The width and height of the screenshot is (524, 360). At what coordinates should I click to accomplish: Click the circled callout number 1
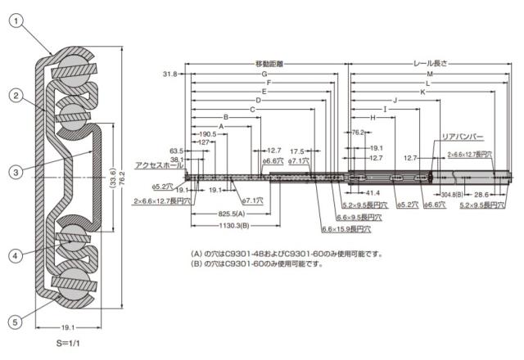pyautogui.click(x=16, y=21)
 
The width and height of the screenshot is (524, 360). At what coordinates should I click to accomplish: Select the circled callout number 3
pyautogui.click(x=16, y=172)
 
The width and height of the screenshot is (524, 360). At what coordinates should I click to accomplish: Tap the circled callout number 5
pyautogui.click(x=16, y=322)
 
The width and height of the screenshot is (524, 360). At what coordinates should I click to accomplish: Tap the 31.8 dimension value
pyautogui.click(x=169, y=74)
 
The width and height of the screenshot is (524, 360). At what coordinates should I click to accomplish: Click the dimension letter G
pyautogui.click(x=264, y=74)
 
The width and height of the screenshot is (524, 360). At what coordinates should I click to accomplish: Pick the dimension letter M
pyautogui.click(x=430, y=74)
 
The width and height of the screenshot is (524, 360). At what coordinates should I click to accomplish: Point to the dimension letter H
pyautogui.click(x=373, y=118)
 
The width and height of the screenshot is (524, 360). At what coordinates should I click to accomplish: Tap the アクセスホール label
pyautogui.click(x=160, y=164)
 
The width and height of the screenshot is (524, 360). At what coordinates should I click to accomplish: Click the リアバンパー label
pyautogui.click(x=463, y=137)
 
